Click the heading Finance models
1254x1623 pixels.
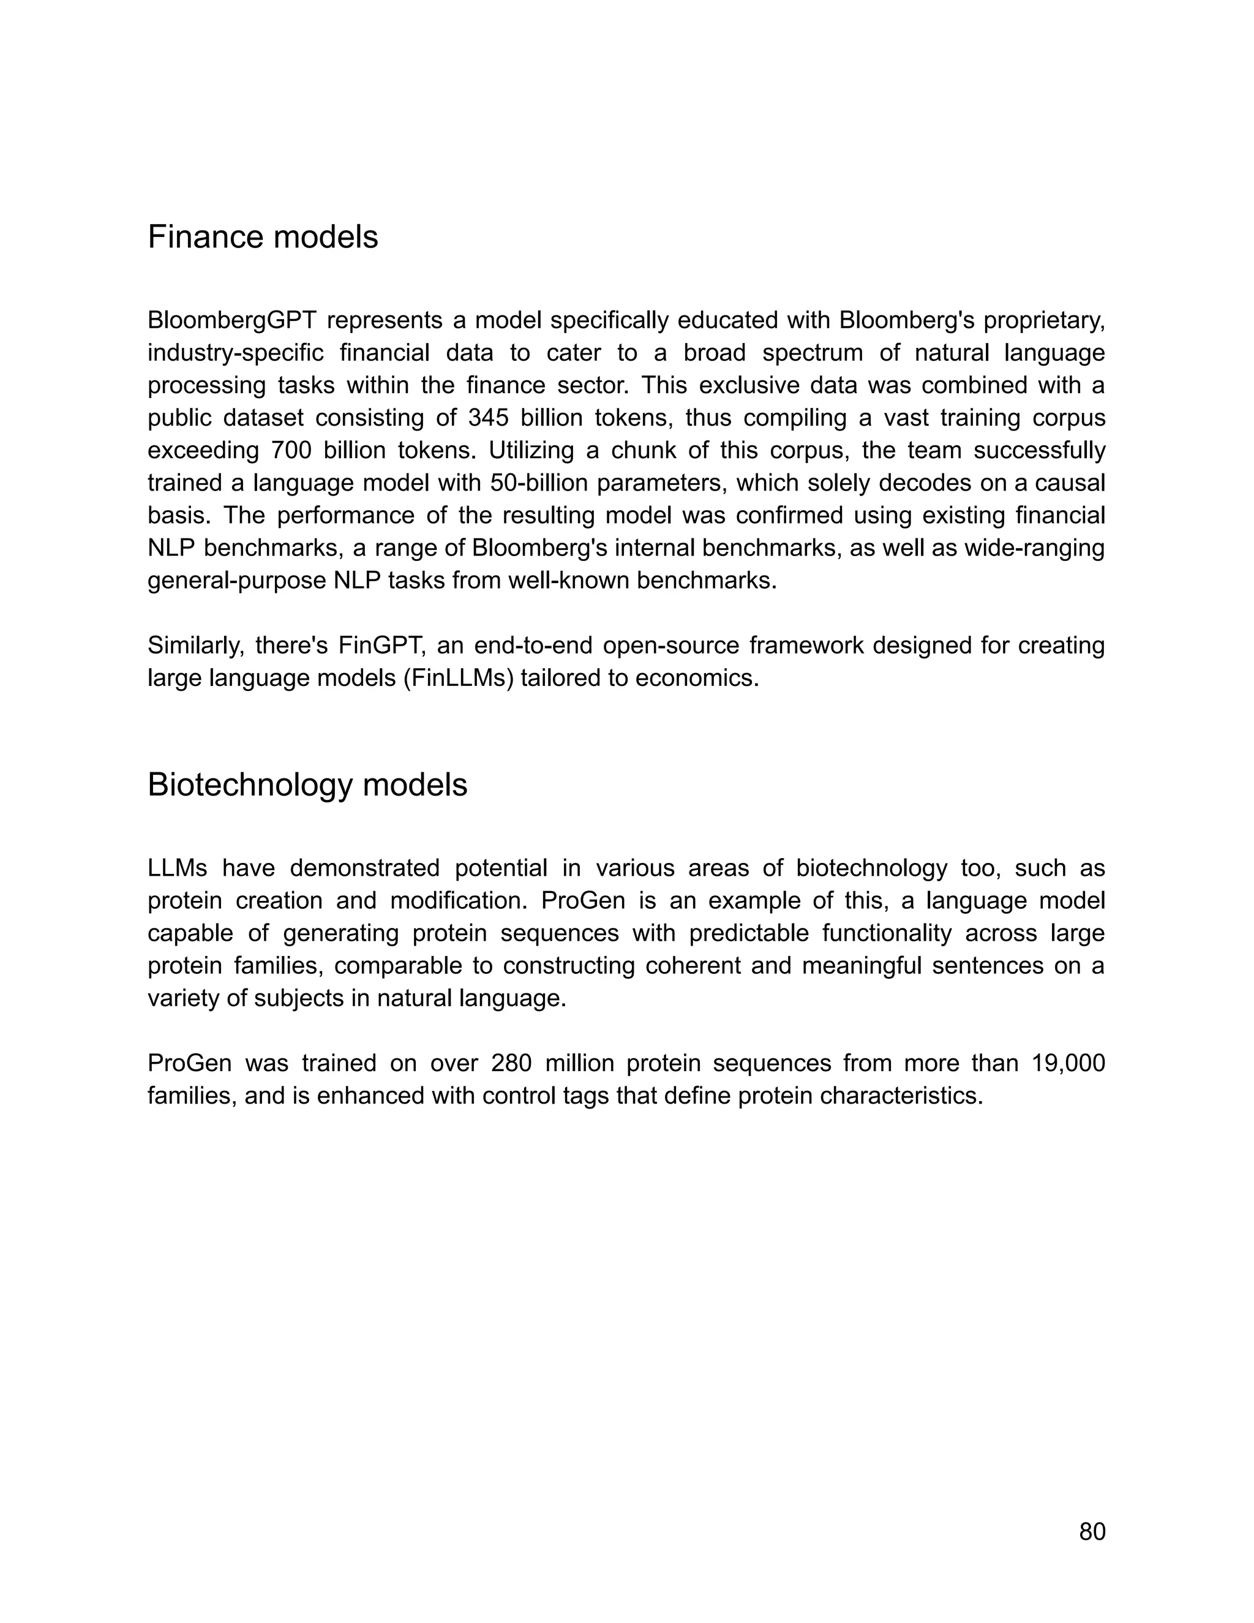click(262, 238)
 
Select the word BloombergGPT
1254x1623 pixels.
click(232, 321)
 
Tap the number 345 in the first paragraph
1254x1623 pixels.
click(488, 418)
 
